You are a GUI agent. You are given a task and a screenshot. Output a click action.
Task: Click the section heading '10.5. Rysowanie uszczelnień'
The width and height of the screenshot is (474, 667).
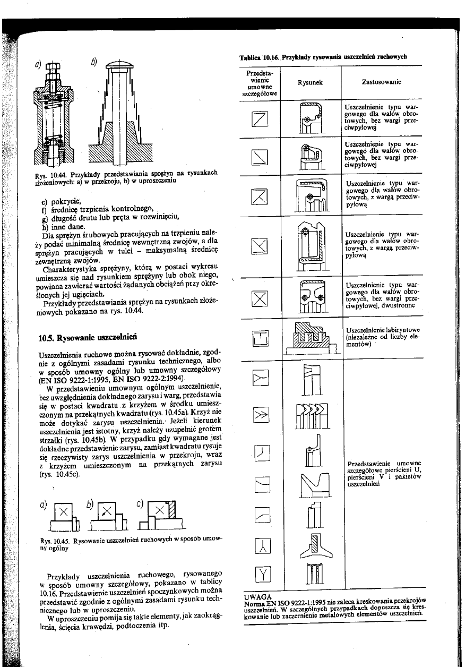tap(88, 336)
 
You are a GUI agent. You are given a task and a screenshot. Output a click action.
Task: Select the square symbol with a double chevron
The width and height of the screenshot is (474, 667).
tap(263, 414)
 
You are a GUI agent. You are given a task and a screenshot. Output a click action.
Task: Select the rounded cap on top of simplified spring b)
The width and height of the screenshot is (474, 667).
tap(121, 66)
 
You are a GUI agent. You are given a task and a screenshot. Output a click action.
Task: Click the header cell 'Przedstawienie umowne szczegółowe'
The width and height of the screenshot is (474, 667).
tap(260, 82)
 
